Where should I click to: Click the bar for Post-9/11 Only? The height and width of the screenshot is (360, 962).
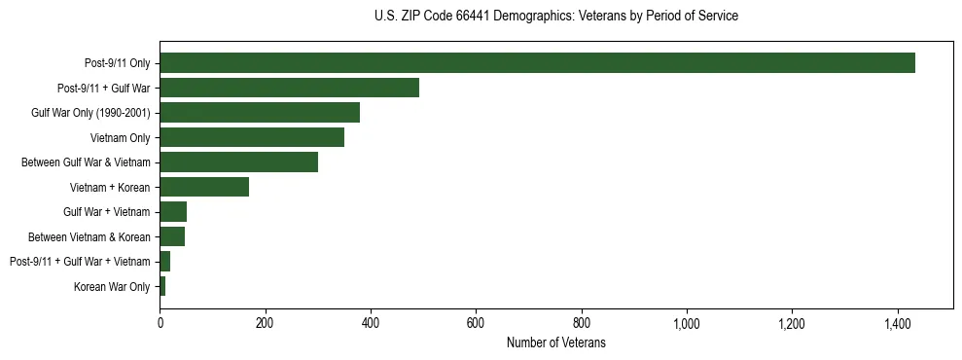click(537, 63)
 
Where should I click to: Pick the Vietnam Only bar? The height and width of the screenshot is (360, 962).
click(252, 137)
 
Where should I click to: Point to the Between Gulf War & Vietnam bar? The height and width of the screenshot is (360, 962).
click(238, 162)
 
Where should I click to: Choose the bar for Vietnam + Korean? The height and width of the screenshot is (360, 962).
click(204, 187)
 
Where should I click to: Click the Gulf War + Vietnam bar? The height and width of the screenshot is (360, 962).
click(173, 212)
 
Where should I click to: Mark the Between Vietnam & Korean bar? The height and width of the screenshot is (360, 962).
click(172, 236)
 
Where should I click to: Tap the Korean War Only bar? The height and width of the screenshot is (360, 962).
click(162, 286)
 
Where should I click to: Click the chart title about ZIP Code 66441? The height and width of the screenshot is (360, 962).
click(555, 17)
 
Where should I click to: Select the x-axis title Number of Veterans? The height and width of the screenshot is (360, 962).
click(555, 342)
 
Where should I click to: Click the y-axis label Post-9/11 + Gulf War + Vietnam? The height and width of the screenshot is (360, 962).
click(80, 262)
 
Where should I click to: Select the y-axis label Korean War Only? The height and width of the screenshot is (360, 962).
click(112, 286)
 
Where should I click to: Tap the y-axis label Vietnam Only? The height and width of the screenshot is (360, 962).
click(120, 137)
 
